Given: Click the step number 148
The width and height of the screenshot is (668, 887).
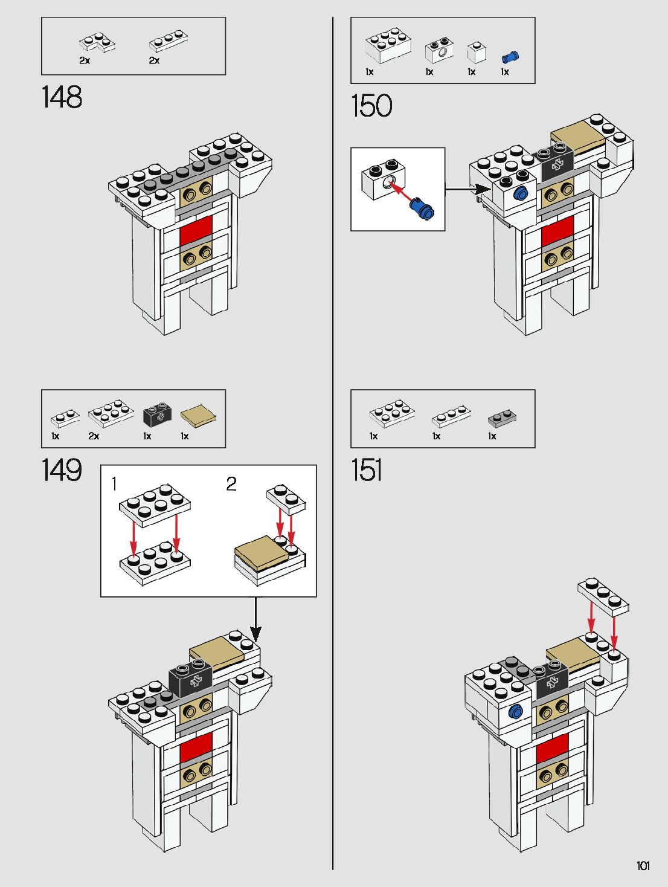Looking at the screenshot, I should pyautogui.click(x=62, y=97).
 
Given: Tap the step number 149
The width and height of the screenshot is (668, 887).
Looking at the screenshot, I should pyautogui.click(x=62, y=470).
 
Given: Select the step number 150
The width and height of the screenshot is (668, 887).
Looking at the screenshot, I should pyautogui.click(x=371, y=106).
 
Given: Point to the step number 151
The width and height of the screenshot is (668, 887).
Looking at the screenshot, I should pyautogui.click(x=367, y=470).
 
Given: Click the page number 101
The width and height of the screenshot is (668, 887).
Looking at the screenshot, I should pyautogui.click(x=643, y=866).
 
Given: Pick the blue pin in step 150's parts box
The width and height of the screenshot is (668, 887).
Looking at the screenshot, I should pyautogui.click(x=510, y=57).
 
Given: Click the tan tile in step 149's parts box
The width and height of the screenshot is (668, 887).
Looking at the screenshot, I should pyautogui.click(x=198, y=414).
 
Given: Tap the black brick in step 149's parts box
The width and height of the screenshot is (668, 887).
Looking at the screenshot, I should pyautogui.click(x=157, y=414).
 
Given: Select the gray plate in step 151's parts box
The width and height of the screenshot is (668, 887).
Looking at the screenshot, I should pyautogui.click(x=502, y=417).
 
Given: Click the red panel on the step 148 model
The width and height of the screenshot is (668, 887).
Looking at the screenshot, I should pyautogui.click(x=196, y=230).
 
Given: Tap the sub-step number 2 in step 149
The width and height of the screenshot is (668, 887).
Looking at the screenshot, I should pyautogui.click(x=231, y=484).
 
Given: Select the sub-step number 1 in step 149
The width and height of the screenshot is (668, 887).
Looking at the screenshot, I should pyautogui.click(x=114, y=484).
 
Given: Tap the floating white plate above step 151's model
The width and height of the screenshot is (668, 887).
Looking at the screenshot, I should pyautogui.click(x=603, y=596).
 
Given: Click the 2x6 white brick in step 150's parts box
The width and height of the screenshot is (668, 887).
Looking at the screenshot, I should pyautogui.click(x=388, y=45).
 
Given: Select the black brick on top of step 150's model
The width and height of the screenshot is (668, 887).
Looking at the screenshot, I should pyautogui.click(x=555, y=162).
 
